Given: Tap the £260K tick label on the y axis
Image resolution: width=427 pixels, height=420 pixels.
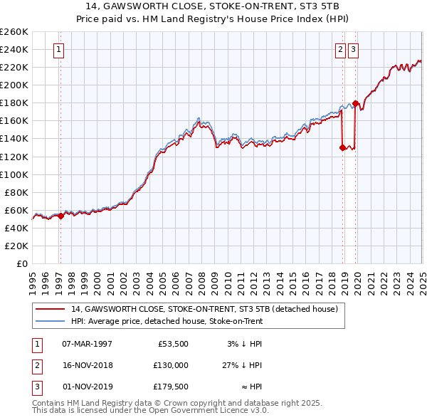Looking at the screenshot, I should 14,32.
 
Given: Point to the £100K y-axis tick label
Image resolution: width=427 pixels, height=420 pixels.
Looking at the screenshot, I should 14,174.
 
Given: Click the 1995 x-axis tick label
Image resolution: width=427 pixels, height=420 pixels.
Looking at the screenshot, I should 33,278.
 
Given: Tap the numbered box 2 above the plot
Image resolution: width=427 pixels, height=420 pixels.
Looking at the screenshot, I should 341,50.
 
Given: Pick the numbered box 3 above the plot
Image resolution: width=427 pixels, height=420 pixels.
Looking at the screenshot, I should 354,50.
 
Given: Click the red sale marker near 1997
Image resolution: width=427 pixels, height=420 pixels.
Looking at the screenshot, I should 60,216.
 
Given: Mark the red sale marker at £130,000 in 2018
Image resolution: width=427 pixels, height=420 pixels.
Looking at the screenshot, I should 342,147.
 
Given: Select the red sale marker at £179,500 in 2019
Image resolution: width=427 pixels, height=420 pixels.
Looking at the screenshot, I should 355,103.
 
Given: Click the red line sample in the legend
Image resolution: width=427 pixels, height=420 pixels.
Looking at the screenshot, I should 51,309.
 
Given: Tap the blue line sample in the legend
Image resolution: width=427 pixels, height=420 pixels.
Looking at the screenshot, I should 51,321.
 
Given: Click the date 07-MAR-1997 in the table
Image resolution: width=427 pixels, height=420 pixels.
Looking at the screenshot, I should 87,344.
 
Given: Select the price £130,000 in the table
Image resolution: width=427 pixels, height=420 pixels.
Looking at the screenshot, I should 172,365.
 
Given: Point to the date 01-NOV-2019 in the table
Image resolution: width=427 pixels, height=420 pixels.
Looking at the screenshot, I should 87,387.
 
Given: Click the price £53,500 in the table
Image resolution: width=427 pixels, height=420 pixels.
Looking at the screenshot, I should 174,344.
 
